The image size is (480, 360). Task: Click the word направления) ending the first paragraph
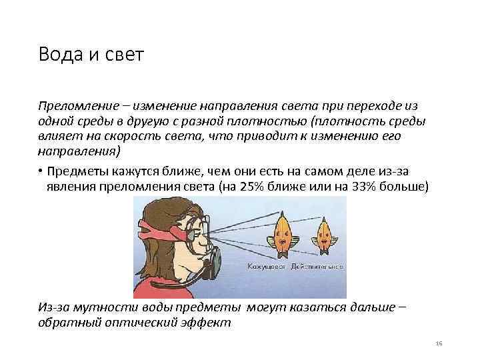tap(79, 152)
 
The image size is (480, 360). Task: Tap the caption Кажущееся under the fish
tap(266, 266)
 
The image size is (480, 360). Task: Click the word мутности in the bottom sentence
tap(104, 309)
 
